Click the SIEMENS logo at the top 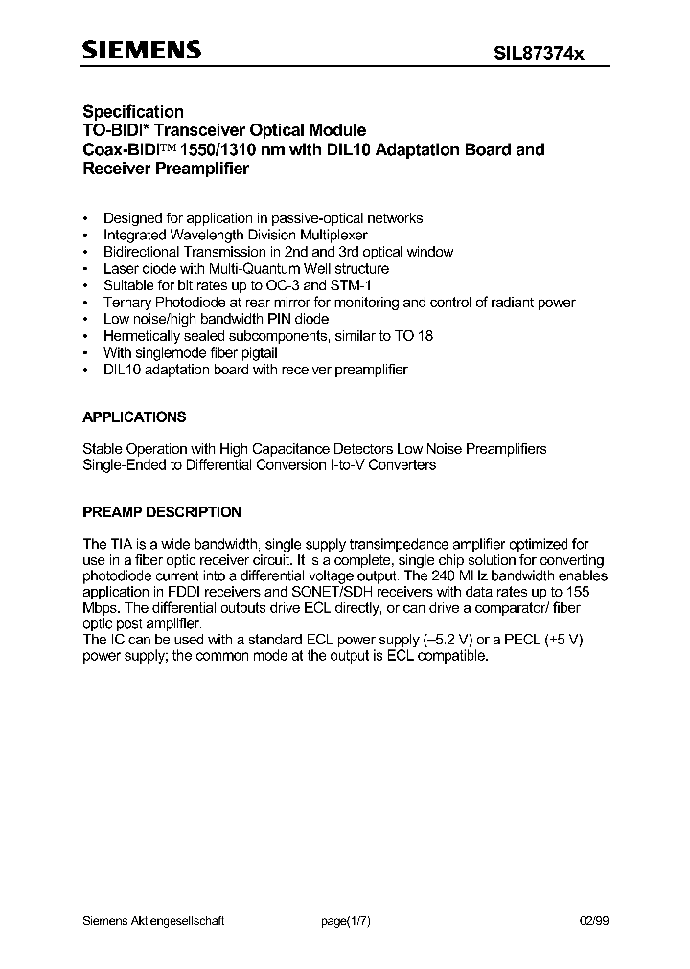[142, 52]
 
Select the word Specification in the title [132, 112]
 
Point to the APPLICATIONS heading [134, 417]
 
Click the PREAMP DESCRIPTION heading [162, 512]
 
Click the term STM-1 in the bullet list [383, 285]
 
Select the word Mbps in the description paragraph [103, 607]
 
